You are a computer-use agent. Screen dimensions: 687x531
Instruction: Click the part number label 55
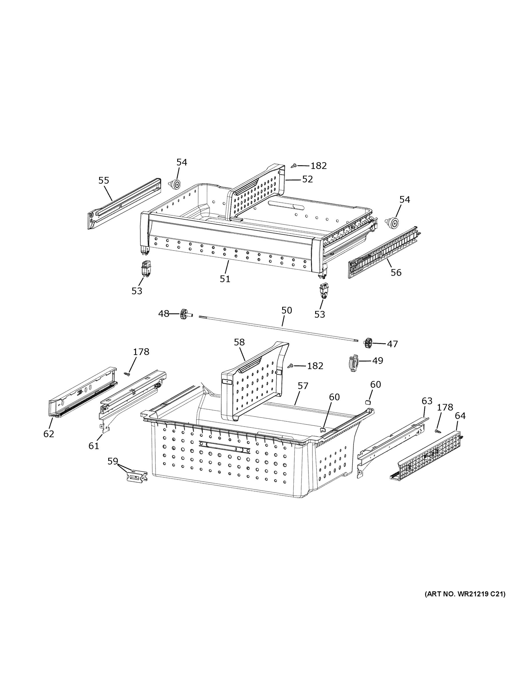pyautogui.click(x=104, y=181)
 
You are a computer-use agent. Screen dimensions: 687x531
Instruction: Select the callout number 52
pyautogui.click(x=307, y=179)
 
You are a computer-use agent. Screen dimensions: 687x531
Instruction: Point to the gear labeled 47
pyautogui.click(x=368, y=343)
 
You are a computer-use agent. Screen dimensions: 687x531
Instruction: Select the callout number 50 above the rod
pyautogui.click(x=287, y=311)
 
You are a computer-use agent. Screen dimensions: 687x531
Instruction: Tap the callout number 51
pyautogui.click(x=225, y=279)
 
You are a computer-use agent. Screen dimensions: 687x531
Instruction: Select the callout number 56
pyautogui.click(x=396, y=273)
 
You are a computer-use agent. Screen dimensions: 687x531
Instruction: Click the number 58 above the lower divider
pyautogui.click(x=239, y=342)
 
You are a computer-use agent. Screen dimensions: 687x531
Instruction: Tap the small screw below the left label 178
pyautogui.click(x=127, y=374)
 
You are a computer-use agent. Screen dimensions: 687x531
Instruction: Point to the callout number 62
pyautogui.click(x=49, y=434)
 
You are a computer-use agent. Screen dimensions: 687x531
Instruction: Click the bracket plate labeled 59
pyautogui.click(x=137, y=477)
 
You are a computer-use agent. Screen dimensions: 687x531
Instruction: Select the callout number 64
pyautogui.click(x=460, y=416)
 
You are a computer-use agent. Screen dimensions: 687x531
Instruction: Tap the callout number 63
pyautogui.click(x=427, y=401)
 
